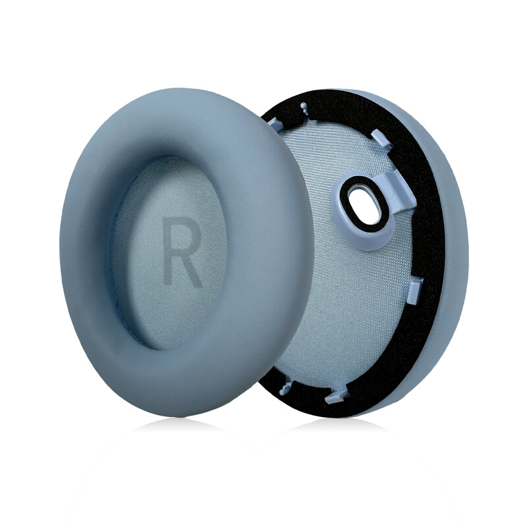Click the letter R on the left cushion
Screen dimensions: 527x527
point(182,252)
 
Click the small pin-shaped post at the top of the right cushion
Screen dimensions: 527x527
point(304,107)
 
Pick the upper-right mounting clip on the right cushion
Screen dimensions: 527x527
point(381,139)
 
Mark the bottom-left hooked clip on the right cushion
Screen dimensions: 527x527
point(287,387)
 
